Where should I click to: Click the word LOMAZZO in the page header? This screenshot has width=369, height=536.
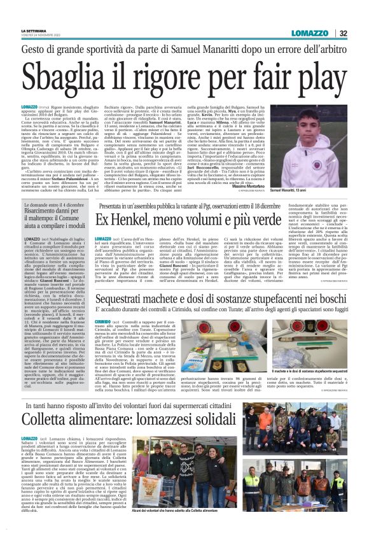(x=311, y=33)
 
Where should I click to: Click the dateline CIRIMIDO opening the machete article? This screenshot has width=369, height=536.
(x=103, y=323)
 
